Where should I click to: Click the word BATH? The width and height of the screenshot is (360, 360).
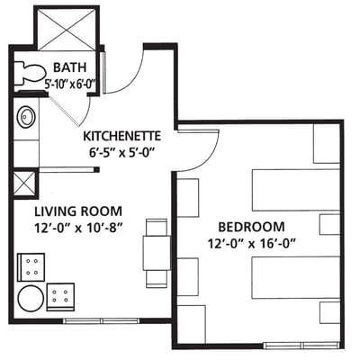coord(70,68)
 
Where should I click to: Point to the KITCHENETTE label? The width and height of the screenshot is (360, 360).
coord(128,136)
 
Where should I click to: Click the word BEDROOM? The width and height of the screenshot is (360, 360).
coord(251,227)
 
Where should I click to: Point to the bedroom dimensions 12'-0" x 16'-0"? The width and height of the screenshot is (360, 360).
coord(251,243)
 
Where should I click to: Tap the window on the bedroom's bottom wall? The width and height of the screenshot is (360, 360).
coord(297,345)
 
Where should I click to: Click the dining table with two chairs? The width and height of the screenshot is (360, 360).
coord(156,252)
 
